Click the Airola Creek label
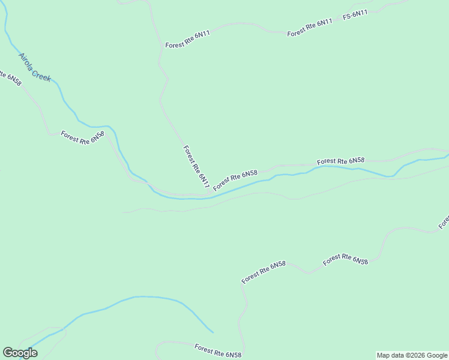tap(35, 67)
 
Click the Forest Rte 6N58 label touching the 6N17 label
tap(235, 178)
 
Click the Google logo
tap(20, 353)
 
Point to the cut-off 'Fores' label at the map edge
tap(444, 223)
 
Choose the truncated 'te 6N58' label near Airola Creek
tap(11, 79)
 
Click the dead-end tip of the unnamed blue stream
tap(212, 332)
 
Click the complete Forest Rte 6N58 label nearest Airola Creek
tap(82, 137)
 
